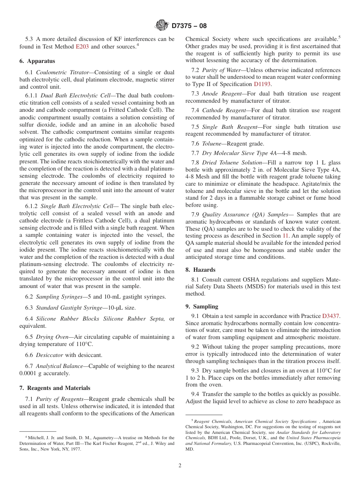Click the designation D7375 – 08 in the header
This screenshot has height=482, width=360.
(x=189, y=26)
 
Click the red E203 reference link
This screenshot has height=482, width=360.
(x=83, y=47)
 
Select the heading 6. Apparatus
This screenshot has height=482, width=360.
(x=37, y=61)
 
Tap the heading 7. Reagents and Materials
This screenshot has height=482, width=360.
(x=55, y=388)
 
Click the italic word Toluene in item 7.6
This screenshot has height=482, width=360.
(x=212, y=144)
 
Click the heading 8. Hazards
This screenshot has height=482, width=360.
(x=200, y=270)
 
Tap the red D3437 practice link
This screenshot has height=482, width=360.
(x=331, y=316)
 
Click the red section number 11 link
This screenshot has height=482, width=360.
(x=286, y=236)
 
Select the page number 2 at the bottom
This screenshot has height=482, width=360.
(x=180, y=465)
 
